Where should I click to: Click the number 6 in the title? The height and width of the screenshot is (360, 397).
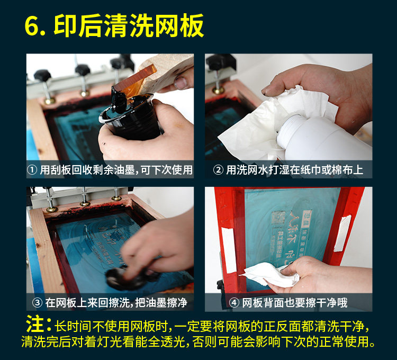[x=32, y=26]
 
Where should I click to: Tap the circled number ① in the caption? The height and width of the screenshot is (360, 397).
[x=32, y=170]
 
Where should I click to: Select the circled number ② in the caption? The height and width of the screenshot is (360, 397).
[x=218, y=170]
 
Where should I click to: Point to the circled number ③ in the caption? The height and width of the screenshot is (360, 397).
[x=37, y=302]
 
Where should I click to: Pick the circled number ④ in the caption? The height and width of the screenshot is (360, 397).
[x=234, y=302]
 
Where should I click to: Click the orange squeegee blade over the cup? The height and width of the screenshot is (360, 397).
[x=134, y=81]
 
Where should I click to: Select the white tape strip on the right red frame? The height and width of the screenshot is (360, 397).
[x=342, y=233]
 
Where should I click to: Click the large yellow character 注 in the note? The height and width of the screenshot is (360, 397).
[x=35, y=324]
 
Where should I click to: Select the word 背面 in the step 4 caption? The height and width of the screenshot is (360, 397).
[x=274, y=302]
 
